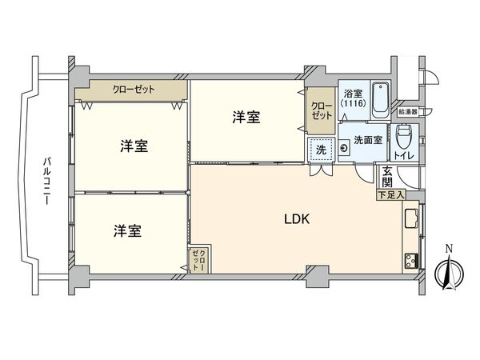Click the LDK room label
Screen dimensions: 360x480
(x=298, y=219)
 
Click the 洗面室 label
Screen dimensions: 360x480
(x=368, y=141)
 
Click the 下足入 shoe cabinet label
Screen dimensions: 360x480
(x=391, y=194)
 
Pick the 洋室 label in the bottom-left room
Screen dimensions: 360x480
(x=126, y=230)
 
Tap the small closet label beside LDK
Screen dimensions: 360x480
(x=197, y=262)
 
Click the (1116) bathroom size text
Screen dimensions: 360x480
(x=353, y=103)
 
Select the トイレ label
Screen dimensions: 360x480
(x=402, y=154)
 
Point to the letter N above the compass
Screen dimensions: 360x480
(x=450, y=247)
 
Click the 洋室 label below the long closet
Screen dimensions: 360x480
(x=134, y=146)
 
